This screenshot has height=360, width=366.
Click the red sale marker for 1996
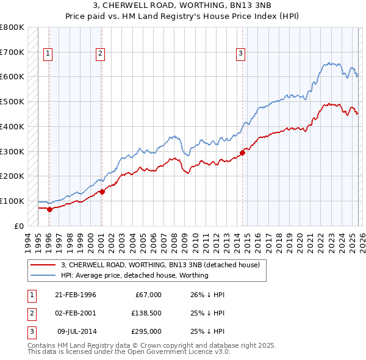(49, 209)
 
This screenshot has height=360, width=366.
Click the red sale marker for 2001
(102, 191)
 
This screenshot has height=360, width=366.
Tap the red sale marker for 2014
(243, 153)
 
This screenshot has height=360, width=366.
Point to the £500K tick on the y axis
(12, 101)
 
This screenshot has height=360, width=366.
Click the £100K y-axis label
(12, 201)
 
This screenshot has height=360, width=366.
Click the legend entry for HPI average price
(135, 275)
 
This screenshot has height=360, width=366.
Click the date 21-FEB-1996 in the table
(76, 295)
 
